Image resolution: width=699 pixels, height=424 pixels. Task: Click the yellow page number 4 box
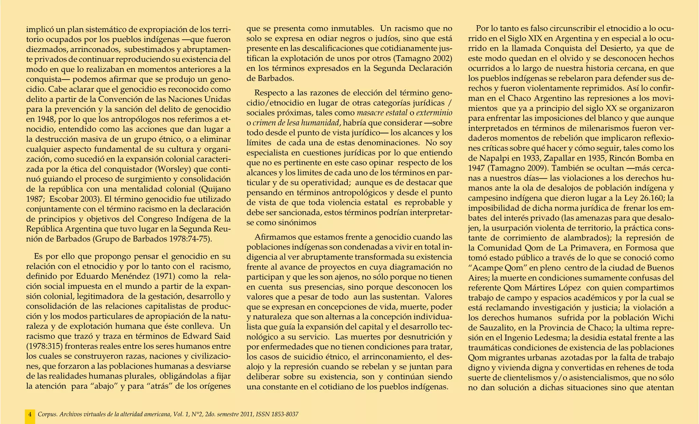tap(30, 415)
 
